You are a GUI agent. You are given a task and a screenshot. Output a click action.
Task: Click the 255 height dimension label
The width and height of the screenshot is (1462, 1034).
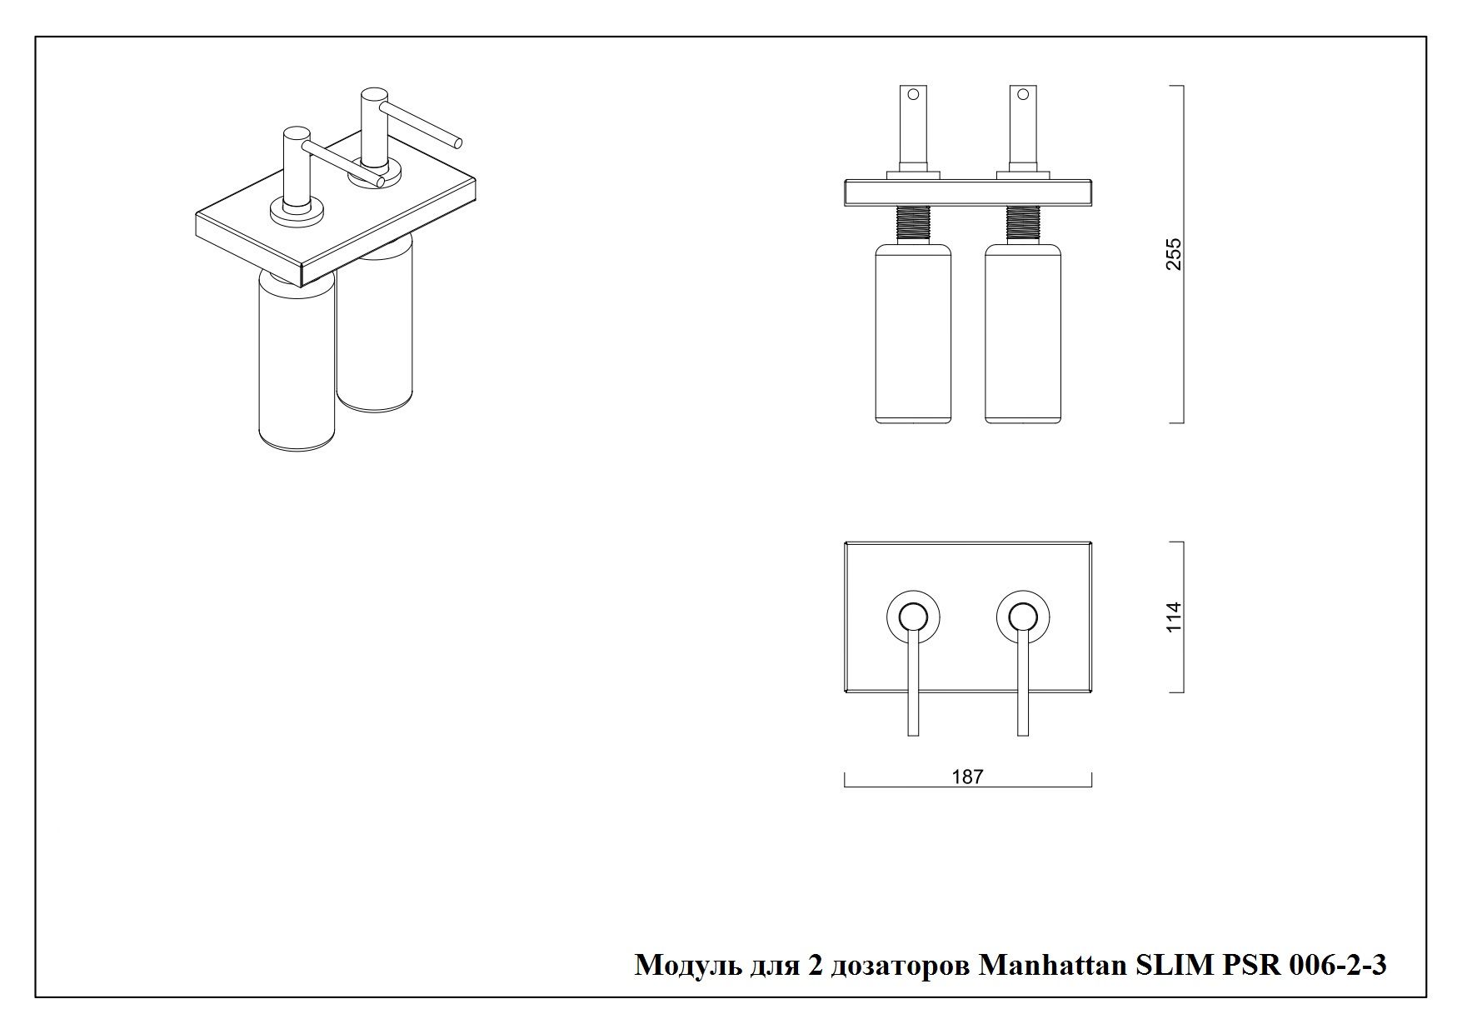click(x=1174, y=254)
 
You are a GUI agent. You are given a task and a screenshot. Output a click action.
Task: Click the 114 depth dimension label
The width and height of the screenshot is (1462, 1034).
click(x=1174, y=617)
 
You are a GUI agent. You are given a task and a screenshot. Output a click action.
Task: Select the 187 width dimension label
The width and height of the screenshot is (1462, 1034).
click(x=967, y=777)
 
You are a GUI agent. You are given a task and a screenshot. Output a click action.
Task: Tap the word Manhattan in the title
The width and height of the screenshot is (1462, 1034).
click(x=1040, y=965)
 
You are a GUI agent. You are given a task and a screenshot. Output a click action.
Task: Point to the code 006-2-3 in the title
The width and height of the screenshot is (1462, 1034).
click(x=1338, y=965)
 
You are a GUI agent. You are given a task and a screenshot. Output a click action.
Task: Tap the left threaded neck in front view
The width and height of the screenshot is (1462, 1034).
click(x=913, y=223)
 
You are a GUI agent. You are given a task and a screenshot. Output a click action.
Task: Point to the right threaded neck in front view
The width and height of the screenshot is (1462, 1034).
click(x=1023, y=223)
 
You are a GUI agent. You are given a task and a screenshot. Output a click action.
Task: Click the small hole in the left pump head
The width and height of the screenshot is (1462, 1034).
click(x=914, y=94)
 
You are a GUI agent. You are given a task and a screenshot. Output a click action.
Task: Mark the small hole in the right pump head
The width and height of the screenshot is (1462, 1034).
click(x=1024, y=94)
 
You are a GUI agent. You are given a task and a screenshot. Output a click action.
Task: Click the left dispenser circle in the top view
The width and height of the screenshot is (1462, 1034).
click(x=913, y=617)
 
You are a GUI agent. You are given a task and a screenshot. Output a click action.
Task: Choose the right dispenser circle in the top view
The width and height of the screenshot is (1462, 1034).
click(x=1023, y=617)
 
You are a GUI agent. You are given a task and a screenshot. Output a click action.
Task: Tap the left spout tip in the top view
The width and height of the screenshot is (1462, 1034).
click(x=913, y=731)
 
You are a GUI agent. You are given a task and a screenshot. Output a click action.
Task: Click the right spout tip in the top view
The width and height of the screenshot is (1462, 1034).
click(x=1023, y=731)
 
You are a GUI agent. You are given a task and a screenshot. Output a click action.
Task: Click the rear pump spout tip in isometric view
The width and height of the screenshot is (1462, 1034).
click(x=457, y=142)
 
